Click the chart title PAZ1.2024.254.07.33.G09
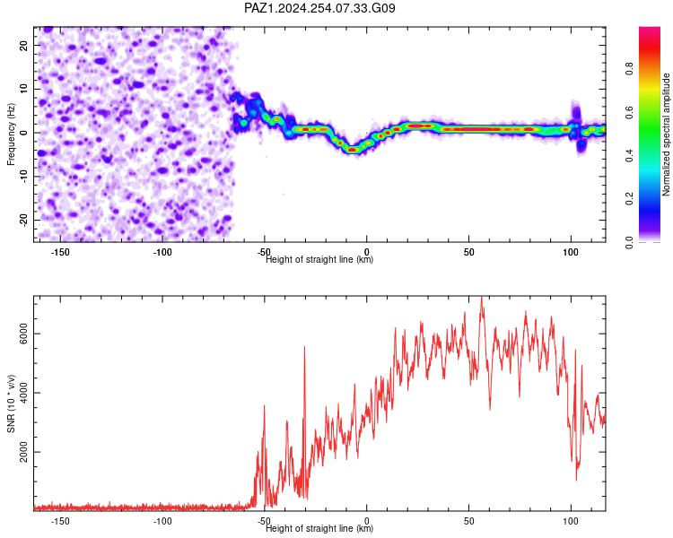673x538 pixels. pos(319,8)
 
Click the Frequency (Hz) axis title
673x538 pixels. pos(11,134)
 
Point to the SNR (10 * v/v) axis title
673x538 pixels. pos(11,403)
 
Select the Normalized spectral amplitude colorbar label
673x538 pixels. pos(666,134)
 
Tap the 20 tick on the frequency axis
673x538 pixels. pos(24,46)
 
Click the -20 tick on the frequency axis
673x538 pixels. pos(24,221)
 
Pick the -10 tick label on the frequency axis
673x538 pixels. pos(24,177)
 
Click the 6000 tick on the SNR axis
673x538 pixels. pos(24,334)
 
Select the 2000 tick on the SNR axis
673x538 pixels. pos(24,452)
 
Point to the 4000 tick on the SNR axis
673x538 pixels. pos(24,393)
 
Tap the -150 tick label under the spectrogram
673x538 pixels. pos(60,252)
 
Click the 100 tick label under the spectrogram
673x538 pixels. pos(571,252)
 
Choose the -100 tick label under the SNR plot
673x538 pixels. pos(162,521)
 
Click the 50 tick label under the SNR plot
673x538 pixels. pos(468,521)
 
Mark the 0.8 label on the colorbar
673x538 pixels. pos(629,69)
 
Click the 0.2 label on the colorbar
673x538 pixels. pos(629,199)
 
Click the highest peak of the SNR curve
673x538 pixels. pos(482,297)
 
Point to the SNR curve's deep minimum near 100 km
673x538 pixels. pos(576,480)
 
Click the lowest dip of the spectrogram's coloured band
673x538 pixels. pos(353,150)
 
